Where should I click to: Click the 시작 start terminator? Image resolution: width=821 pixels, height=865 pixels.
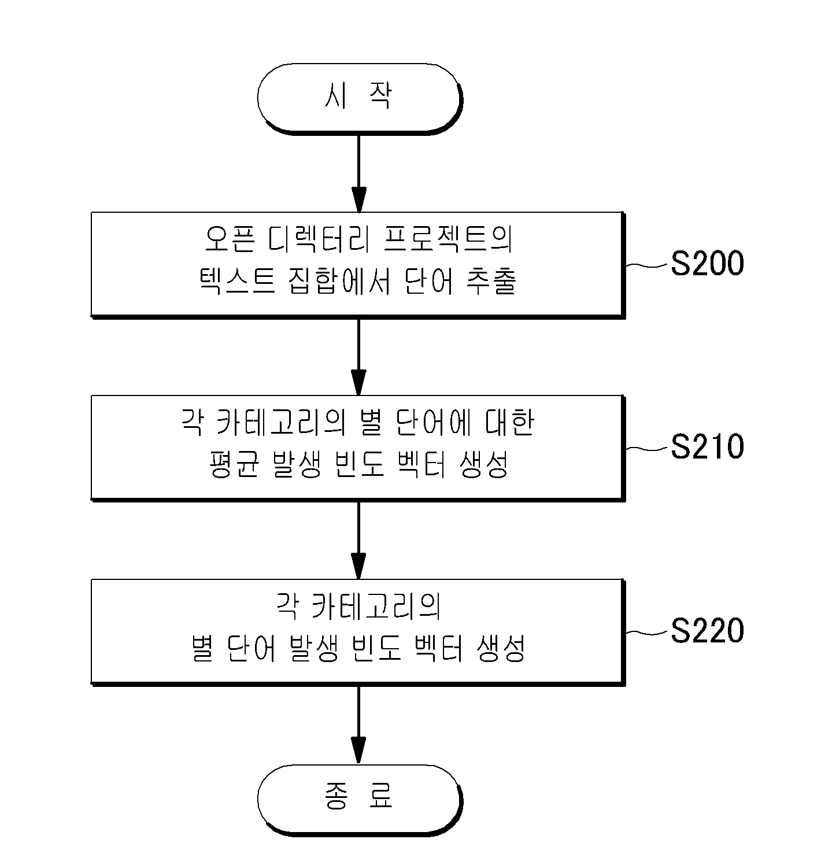click(360, 98)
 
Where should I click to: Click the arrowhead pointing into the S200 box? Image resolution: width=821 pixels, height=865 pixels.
click(359, 200)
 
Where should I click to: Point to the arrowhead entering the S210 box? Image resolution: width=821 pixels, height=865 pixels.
click(359, 383)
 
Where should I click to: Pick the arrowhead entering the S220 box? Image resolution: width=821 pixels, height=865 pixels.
click(359, 567)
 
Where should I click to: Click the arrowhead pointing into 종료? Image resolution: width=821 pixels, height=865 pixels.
click(359, 751)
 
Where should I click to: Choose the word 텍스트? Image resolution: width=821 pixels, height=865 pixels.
click(237, 280)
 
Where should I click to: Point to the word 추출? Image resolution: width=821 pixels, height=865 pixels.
click(491, 280)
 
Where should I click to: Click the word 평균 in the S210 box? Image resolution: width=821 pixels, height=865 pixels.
click(234, 464)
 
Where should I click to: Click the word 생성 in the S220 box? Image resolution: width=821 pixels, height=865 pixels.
click(501, 648)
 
